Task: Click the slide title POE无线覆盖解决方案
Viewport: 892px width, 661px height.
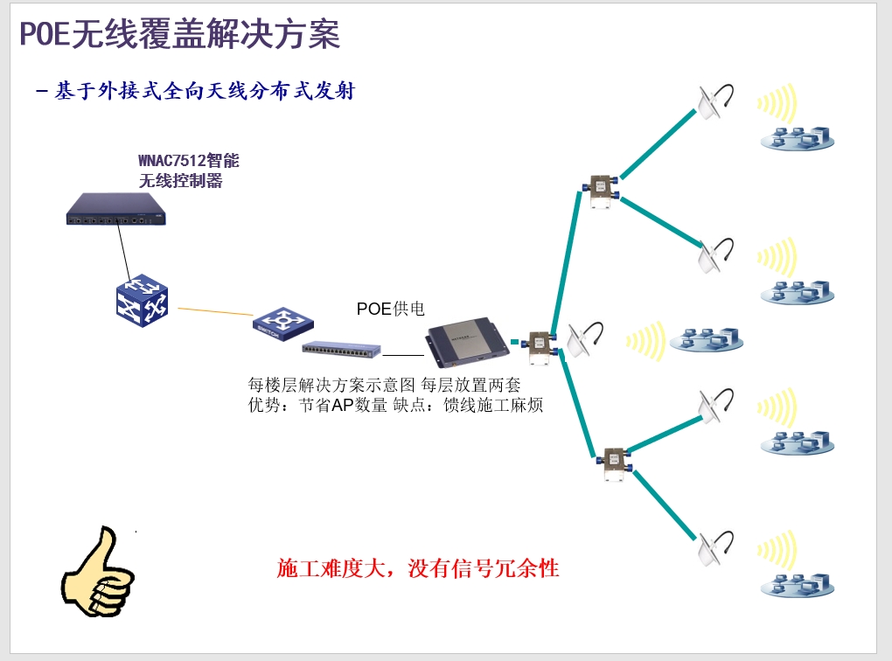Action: [180, 35]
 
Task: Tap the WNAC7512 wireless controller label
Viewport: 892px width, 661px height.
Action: [189, 170]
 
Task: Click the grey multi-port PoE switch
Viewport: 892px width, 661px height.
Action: [342, 348]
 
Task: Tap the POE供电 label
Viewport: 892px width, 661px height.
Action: [391, 309]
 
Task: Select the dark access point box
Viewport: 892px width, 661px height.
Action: [465, 342]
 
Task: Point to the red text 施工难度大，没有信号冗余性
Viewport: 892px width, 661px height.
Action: [418, 569]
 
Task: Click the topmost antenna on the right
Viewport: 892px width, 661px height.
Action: [714, 101]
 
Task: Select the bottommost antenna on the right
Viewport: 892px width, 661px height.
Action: [714, 546]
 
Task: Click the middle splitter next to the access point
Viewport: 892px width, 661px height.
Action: [540, 344]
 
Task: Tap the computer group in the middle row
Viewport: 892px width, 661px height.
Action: [707, 339]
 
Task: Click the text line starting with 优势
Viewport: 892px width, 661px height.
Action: [396, 405]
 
